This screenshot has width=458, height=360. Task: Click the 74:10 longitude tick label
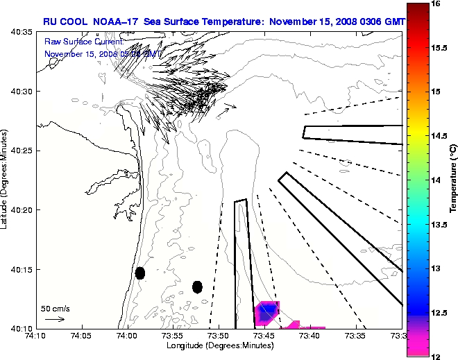tap(35, 336)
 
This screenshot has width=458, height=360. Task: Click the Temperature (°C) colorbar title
tap(453, 180)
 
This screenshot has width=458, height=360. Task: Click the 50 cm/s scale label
tap(56, 308)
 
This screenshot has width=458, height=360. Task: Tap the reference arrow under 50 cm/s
tap(55, 319)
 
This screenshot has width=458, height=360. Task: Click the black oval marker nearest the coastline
tap(139, 273)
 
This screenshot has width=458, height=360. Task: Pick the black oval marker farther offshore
tap(197, 286)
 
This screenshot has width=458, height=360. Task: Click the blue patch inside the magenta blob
tap(267, 311)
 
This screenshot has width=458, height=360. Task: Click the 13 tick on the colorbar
tap(437, 268)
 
